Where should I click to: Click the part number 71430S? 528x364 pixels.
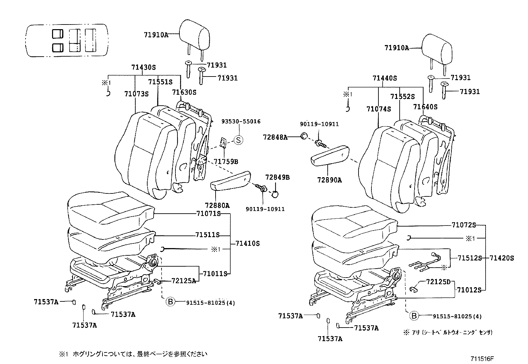pos(143,67)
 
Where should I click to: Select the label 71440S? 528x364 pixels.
pos(384,78)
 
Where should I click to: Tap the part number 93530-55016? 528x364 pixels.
pos(241,122)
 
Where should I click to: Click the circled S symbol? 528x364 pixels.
pos(238,140)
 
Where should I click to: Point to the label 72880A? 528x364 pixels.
pos(217,206)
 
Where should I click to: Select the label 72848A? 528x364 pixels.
pos(275,137)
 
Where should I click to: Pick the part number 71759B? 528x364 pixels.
pos(226,162)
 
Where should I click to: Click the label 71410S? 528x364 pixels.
pos(247,243)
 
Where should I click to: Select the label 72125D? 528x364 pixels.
pos(438,282)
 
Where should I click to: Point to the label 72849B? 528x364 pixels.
pos(277,178)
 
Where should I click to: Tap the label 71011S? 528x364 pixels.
pos(215,274)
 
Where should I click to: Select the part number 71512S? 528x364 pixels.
pos(469,258)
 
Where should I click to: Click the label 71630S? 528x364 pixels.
pos(184,92)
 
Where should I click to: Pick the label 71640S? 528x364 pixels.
pos(425,107)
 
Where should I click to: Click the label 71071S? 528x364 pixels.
pos(208,214)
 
